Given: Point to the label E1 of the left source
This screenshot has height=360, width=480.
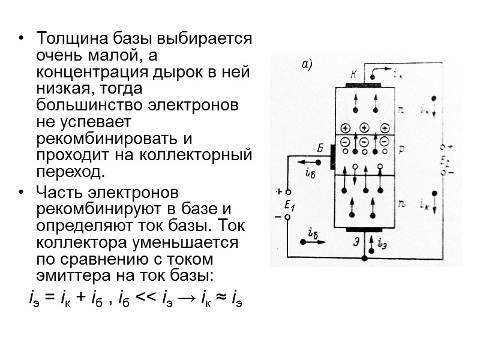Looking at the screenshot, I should tap(290, 205).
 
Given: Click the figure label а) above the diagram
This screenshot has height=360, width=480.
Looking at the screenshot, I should tap(307, 64).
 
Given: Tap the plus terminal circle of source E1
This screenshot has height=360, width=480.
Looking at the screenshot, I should tap(287, 192).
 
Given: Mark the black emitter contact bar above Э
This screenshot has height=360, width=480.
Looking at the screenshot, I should tap(364, 230).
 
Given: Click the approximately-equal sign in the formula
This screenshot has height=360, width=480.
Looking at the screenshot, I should tap(214, 298).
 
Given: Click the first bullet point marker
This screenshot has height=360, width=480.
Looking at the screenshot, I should tap(22, 40).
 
